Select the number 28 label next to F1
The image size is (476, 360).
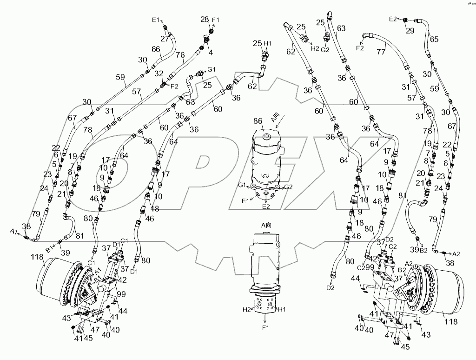204,19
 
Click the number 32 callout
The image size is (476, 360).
159,73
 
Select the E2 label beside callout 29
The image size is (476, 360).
394,19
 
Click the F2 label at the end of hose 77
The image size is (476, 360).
360,47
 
